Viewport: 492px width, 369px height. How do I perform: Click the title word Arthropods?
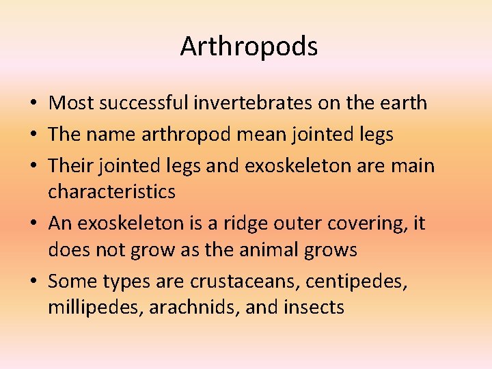[249, 46]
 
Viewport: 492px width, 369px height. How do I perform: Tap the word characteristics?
[111, 191]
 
